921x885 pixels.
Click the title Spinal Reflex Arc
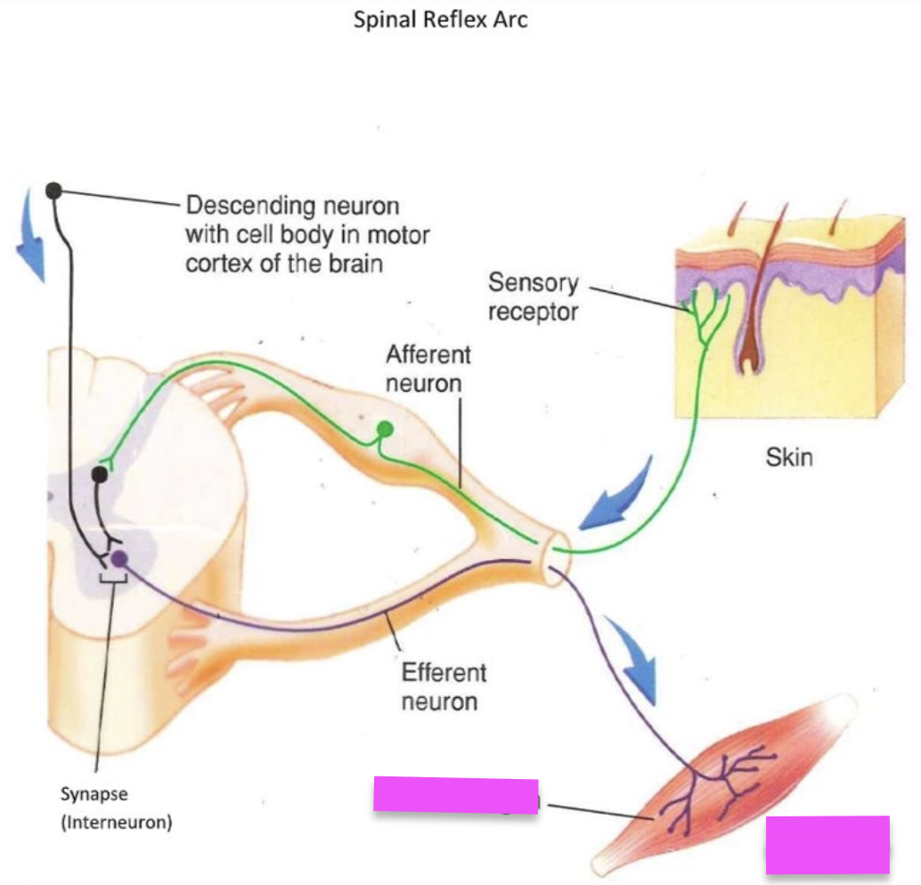pos(440,20)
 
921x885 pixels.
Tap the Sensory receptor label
pos(533,298)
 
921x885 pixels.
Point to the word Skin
pos(788,458)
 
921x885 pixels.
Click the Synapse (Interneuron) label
pos(116,808)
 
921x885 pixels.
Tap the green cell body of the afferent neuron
pos(385,430)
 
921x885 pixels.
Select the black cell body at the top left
pos(53,190)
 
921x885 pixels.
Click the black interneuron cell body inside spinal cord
pos(100,475)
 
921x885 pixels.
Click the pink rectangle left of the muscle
pos(455,794)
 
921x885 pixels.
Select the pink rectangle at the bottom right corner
pos(827,844)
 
